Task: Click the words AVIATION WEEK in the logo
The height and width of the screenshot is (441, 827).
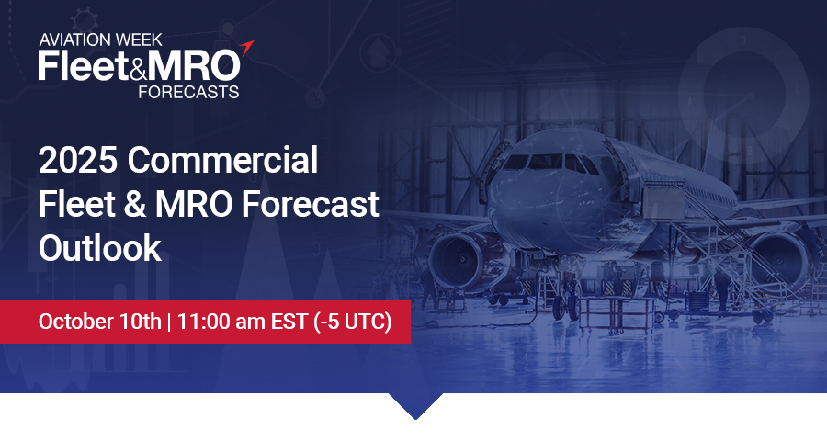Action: coord(100,40)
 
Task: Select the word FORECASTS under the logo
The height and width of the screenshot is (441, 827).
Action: coord(188,92)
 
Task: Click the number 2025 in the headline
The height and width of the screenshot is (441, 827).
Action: coord(78,160)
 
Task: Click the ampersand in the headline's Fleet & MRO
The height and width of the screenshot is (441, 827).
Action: coord(135,204)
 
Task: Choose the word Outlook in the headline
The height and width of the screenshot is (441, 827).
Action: coord(99,248)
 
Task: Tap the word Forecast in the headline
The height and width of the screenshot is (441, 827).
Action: coord(311,204)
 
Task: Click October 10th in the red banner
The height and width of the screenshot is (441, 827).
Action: coord(99,322)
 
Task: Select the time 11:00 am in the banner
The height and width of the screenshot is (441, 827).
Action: coord(221,322)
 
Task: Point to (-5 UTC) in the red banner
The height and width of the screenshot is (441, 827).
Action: coord(353,322)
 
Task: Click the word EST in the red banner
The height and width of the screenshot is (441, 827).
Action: coord(289,322)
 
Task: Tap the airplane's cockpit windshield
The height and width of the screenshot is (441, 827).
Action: coord(549,162)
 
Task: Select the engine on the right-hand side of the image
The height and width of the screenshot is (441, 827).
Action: coord(779,260)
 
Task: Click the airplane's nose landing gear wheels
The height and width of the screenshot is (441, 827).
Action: coord(565,306)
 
